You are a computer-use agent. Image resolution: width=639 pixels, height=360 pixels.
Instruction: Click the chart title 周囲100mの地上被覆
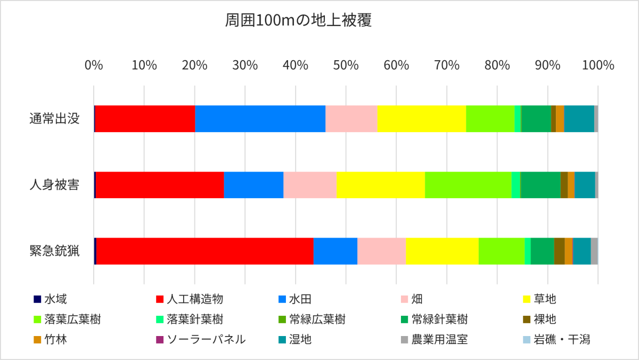coord(298,21)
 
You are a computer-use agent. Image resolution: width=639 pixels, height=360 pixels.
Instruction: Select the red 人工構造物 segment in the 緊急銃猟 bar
coord(204,251)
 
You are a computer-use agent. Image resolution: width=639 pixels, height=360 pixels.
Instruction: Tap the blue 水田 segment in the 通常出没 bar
coord(260,118)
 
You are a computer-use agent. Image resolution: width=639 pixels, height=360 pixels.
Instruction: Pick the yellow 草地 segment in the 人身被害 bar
coord(380,185)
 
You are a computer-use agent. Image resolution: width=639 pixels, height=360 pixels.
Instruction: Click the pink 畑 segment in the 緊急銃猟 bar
coord(381,251)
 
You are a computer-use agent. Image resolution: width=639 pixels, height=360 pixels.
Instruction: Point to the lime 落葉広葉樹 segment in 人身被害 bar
coord(468,185)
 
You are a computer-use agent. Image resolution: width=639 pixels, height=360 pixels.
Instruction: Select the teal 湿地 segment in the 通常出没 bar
coord(579,118)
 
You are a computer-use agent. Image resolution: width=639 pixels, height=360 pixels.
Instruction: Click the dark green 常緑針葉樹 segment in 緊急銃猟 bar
coord(542,251)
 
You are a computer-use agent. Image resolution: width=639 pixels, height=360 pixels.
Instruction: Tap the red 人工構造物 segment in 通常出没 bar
coord(145,118)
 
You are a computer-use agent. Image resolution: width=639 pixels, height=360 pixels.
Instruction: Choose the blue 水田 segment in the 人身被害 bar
coord(253,185)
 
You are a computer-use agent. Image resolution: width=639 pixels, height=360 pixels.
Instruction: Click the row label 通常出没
coord(54,118)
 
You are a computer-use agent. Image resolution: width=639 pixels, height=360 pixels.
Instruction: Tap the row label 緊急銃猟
coord(54,251)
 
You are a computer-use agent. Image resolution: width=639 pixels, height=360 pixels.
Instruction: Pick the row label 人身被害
coord(54,185)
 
